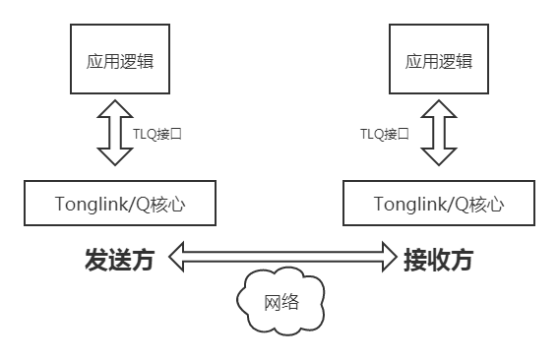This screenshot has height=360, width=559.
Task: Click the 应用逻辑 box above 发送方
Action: click(119, 61)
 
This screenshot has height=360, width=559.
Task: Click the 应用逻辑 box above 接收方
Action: click(438, 61)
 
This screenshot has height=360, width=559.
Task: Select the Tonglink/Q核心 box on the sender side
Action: click(120, 205)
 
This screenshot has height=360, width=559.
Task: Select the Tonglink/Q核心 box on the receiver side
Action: click(438, 205)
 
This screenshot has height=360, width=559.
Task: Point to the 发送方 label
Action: click(119, 261)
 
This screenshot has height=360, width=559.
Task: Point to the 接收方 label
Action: click(439, 261)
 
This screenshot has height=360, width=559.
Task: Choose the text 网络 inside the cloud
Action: click(281, 302)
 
